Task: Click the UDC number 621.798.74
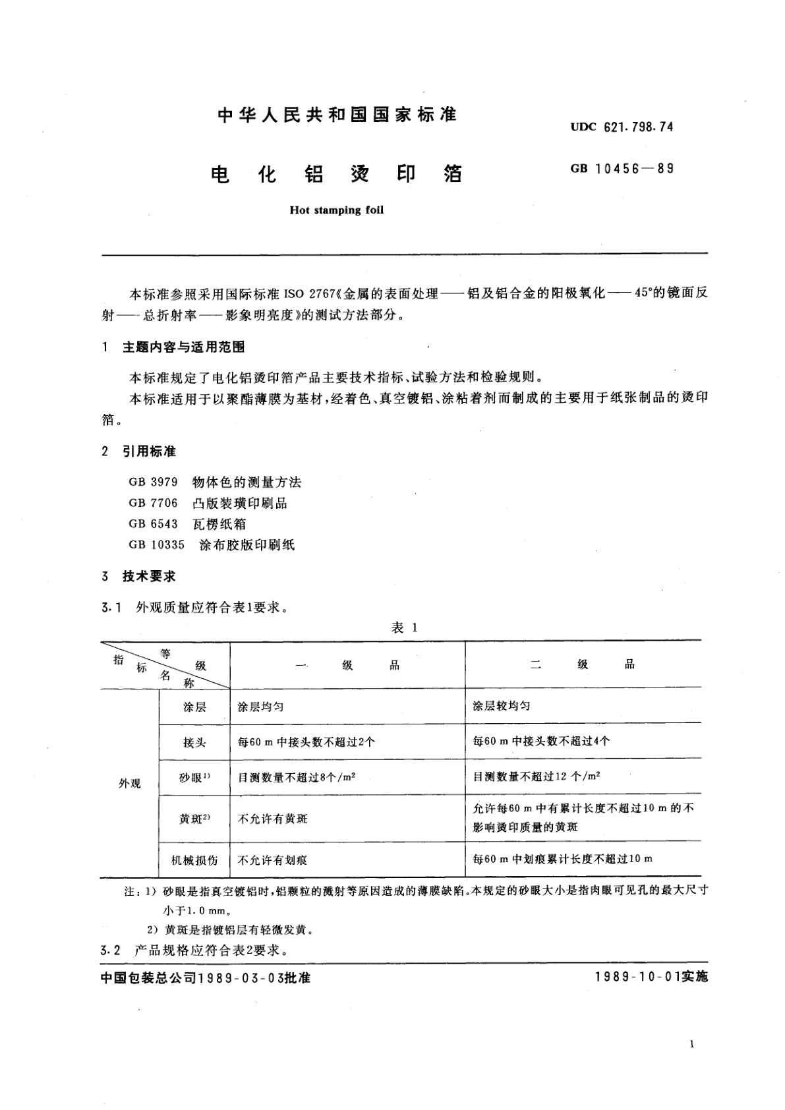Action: pos(637,127)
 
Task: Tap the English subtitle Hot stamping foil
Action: pos(336,211)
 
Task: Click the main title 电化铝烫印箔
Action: pos(336,175)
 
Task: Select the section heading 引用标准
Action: pos(149,452)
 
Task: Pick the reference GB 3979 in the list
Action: pos(154,482)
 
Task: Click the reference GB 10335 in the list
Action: pos(157,544)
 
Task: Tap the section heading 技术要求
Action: pos(149,576)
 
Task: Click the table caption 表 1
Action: pos(404,628)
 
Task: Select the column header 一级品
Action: pos(347,665)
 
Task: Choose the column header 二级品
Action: pos(583,664)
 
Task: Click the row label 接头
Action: pos(194,742)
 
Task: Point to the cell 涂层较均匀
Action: pos(502,706)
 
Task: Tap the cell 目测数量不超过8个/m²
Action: pos(297,777)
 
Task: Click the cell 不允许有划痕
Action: pos(272,860)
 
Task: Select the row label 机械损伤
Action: pos(194,860)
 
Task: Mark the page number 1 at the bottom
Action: pos(691,1044)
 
